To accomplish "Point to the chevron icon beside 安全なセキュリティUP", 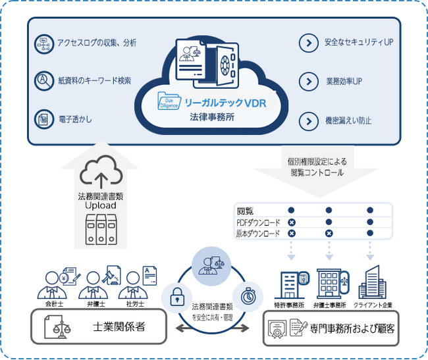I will coord(308,43).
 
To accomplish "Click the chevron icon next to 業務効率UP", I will coord(308,82).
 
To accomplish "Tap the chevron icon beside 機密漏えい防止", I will coord(308,121).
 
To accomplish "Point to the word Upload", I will coord(100,205).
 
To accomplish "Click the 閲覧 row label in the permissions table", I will coord(245,211).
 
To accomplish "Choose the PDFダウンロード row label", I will coord(258,222).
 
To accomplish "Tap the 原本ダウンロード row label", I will coord(258,234).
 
